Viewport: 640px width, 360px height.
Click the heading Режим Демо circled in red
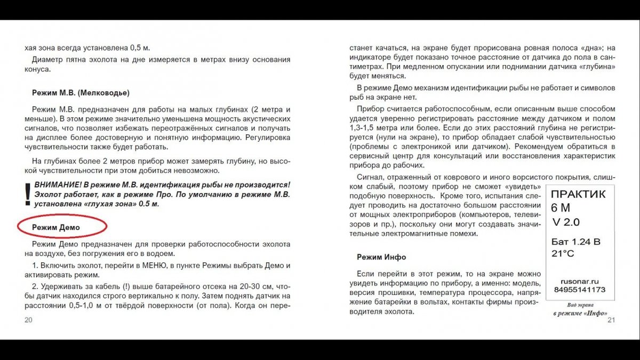55,227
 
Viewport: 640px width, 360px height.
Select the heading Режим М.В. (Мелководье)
80,93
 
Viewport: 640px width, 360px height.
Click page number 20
28,319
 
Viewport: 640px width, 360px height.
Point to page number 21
611,319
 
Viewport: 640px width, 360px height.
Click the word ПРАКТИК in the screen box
578,194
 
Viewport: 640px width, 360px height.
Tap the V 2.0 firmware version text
566,222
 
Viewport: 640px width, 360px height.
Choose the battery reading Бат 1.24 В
575,242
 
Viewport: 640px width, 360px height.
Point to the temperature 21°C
563,254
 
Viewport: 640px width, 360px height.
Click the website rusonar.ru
580,281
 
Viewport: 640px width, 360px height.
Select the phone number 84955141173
580,290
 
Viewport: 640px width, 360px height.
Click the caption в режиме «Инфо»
580,313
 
